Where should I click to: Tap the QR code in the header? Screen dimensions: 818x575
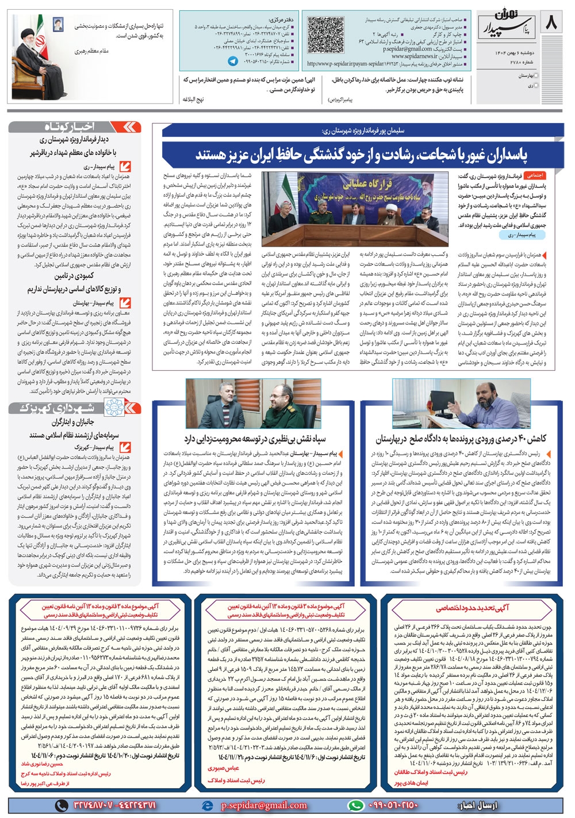pyautogui.click(x=324, y=34)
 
